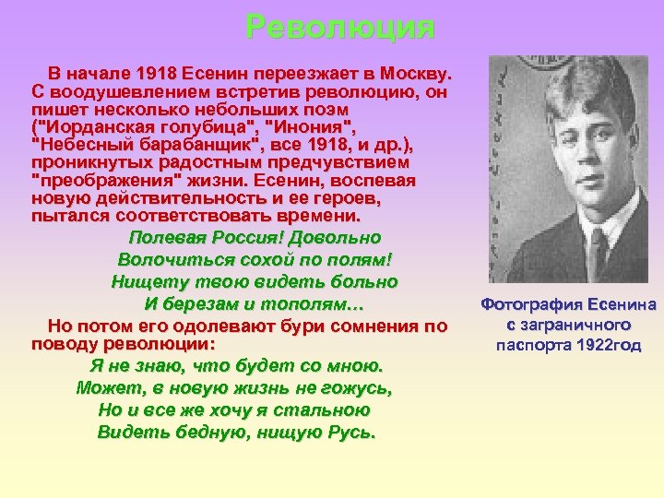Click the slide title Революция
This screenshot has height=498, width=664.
tap(340, 28)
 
